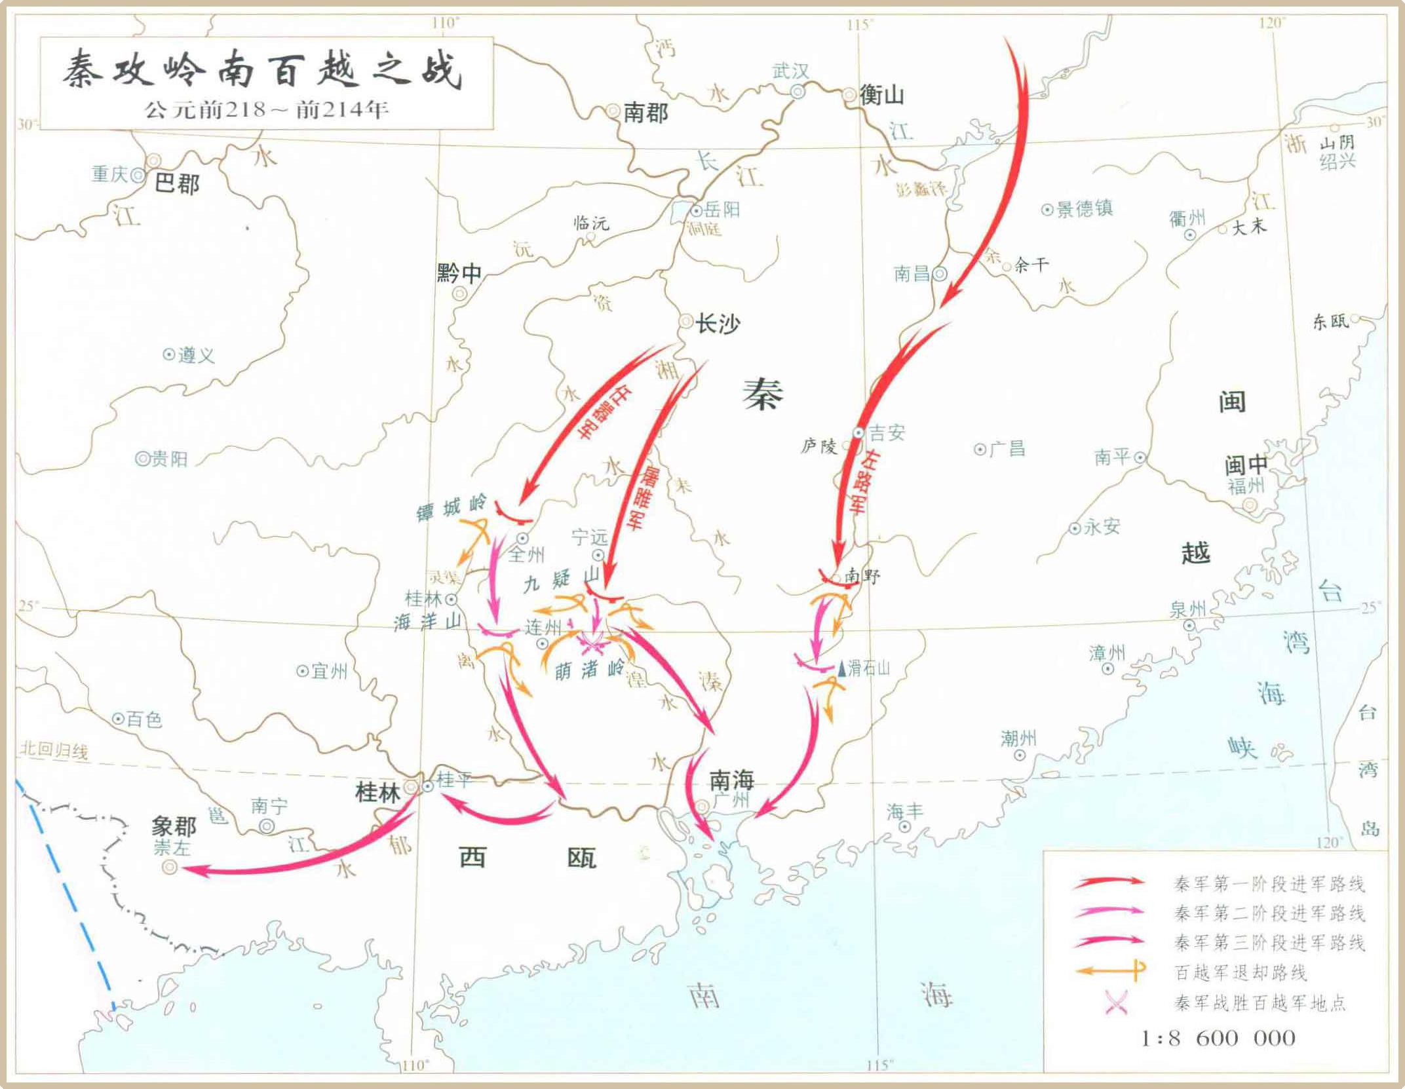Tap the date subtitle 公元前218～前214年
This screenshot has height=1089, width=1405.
[x=267, y=109]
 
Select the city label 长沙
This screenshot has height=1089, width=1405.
[x=718, y=323]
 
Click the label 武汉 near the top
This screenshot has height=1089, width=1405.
[x=790, y=71]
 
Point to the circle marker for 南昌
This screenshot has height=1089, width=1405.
[x=940, y=274]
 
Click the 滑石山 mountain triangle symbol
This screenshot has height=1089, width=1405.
[x=842, y=669]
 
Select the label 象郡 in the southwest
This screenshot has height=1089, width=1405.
[x=174, y=826]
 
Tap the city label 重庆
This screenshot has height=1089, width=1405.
[x=109, y=174]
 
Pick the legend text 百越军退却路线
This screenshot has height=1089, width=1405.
[x=1241, y=972]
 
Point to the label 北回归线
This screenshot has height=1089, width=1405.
[x=54, y=751]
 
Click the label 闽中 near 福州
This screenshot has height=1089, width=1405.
[x=1246, y=465]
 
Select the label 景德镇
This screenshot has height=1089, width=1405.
[x=1085, y=209]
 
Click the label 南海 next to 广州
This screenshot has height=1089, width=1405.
[x=732, y=780]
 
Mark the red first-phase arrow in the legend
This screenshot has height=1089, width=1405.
[x=1109, y=883]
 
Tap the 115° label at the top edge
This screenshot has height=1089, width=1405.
[x=860, y=25]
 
